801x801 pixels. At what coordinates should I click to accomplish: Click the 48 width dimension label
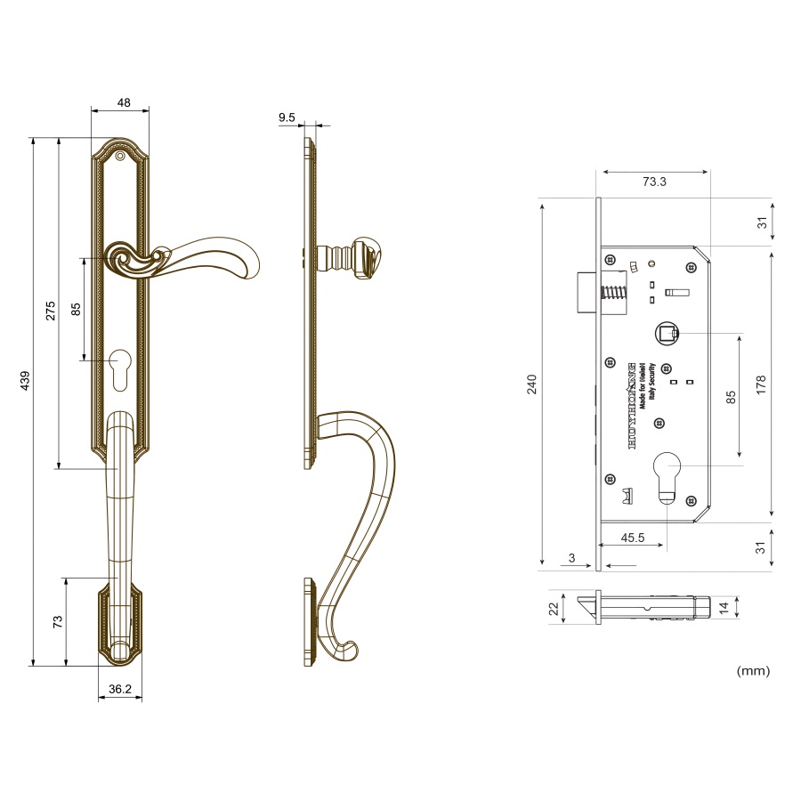pos(124,102)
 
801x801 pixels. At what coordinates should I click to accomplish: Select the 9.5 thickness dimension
pos(287,117)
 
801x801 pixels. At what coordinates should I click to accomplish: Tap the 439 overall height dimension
pos(25,380)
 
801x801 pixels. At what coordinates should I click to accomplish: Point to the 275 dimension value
pos(51,311)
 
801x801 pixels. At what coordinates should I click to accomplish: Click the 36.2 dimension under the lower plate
pos(120,689)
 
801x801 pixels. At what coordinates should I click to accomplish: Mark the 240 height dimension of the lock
pos(532,384)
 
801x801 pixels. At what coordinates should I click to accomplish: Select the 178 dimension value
pos(761,384)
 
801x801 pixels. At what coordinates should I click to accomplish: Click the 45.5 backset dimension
pos(633,538)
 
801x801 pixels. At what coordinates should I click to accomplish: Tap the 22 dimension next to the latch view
pos(553,609)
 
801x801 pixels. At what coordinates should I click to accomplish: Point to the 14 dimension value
pos(724,608)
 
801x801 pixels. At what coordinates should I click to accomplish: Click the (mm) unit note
pos(753,670)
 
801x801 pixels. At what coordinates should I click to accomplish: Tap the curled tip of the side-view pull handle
pos(348,651)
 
